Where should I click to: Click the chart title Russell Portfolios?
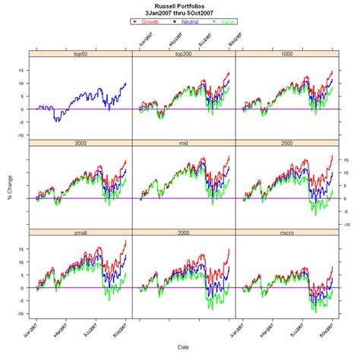pyautogui.click(x=180, y=5)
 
